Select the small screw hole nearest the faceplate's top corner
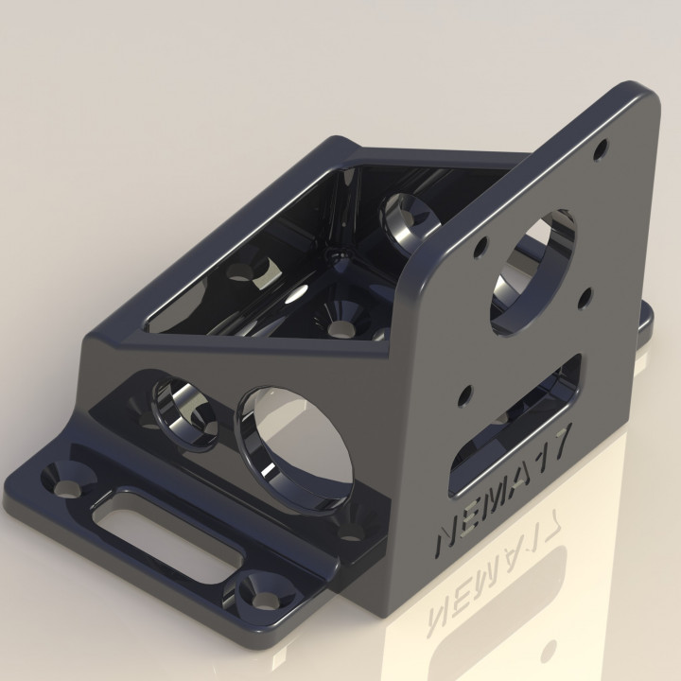pyautogui.click(x=600, y=148)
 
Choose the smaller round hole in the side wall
pyautogui.click(x=184, y=412)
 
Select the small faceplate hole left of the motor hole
pyautogui.click(x=480, y=246)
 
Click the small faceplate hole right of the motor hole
pyautogui.click(x=585, y=297)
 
